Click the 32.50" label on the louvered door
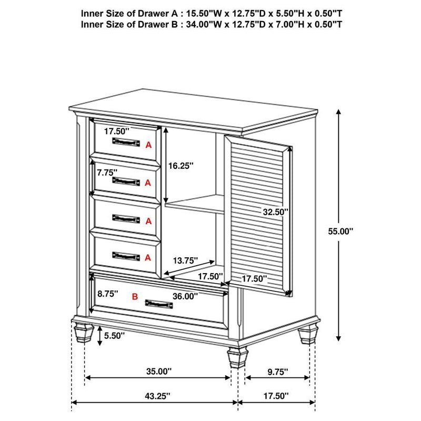pos(276,212)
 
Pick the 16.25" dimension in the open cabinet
pos(181,165)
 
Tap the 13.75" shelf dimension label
pos(185,260)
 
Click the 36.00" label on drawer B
pos(185,296)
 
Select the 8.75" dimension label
pos(106,293)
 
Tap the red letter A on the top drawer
pos(148,144)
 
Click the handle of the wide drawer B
pos(158,304)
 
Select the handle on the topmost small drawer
pos(126,142)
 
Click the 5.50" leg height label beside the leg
pos(114,335)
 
